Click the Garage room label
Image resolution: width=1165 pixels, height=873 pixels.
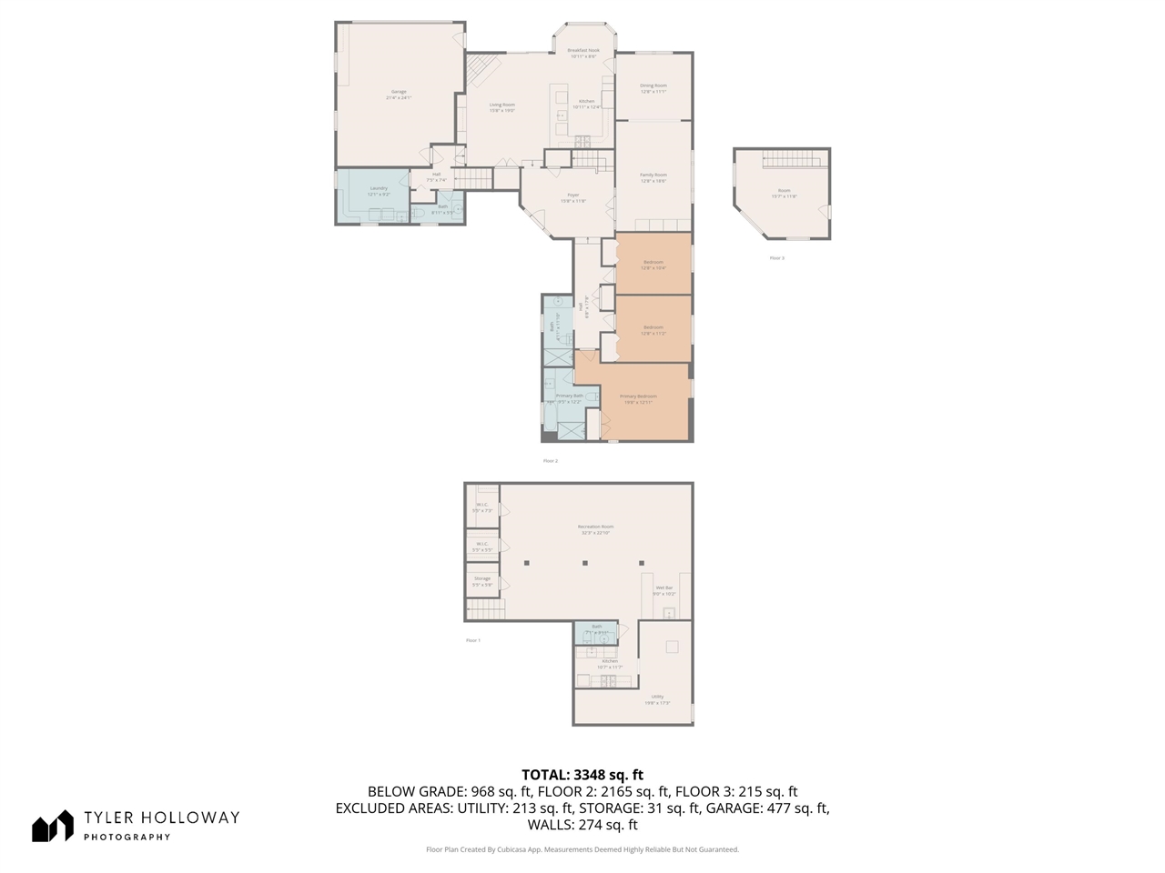click(399, 93)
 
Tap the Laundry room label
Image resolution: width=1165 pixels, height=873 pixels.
click(378, 190)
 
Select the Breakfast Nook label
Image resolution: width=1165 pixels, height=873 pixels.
click(583, 53)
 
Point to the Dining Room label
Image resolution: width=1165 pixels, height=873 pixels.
click(653, 88)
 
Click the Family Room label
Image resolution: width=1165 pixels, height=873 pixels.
click(653, 177)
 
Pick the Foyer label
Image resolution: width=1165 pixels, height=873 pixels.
click(572, 197)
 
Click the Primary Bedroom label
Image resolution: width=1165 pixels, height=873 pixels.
click(637, 398)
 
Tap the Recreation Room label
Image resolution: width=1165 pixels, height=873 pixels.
click(595, 529)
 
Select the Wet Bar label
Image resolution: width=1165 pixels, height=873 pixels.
click(664, 590)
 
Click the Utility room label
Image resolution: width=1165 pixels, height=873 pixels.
click(657, 699)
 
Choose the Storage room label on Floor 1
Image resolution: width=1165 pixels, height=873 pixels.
click(481, 581)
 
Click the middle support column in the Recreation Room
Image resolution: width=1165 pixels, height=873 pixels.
click(584, 564)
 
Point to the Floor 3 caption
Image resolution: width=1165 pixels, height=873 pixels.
click(776, 258)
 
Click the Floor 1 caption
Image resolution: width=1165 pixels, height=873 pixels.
click(472, 640)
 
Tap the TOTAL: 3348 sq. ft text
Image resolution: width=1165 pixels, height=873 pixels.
click(582, 775)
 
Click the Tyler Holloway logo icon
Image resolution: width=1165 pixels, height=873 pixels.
click(52, 826)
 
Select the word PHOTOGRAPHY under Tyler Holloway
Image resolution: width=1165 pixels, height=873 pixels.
click(127, 838)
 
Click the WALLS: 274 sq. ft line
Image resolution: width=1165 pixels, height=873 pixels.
click(582, 825)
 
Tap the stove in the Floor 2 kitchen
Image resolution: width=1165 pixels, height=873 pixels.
click(582, 140)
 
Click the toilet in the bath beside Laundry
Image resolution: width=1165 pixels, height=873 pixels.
click(420, 214)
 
